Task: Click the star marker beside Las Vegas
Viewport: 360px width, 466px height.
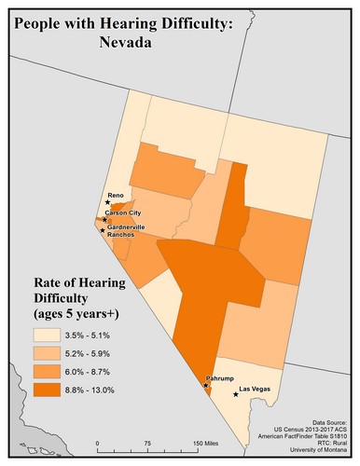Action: [235, 394]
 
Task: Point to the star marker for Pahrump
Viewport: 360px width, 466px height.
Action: [206, 385]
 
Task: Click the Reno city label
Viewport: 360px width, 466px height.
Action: [117, 194]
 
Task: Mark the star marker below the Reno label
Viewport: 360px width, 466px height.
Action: [108, 202]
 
